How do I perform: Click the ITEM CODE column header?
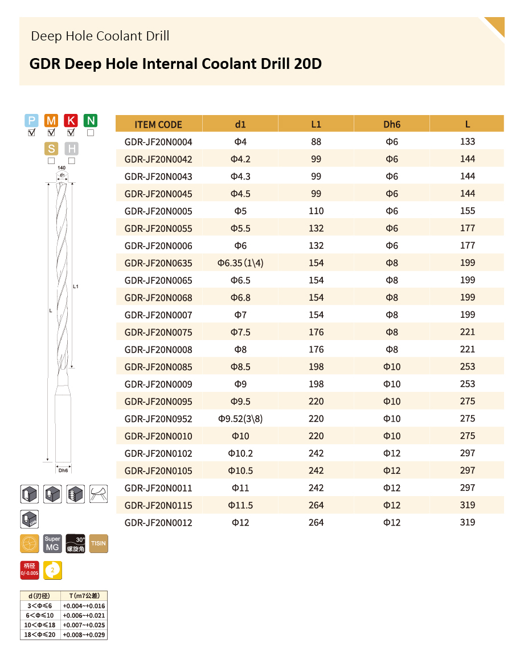pos(158,124)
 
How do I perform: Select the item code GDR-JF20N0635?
pos(158,263)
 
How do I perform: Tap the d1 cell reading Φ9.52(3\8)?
pos(240,419)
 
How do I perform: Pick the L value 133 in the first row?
pos(467,142)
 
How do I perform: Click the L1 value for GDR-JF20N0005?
pos(316,211)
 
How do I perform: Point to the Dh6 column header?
pos(392,124)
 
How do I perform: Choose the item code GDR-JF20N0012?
pos(158,523)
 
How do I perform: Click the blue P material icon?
pos(32,120)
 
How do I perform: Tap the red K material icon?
pos(71,120)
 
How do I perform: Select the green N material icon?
pos(91,120)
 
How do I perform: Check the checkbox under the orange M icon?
pos(51,133)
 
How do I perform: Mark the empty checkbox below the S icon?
pos(51,161)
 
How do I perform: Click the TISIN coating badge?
pos(99,543)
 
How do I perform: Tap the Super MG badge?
pos(52,543)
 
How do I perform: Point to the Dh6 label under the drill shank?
pos(63,470)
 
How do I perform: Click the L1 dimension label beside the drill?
pos(75,286)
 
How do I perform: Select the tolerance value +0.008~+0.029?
pos(84,634)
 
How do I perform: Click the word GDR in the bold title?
pos(45,63)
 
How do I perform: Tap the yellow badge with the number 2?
pos(53,570)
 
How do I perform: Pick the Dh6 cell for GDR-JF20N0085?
pos(392,367)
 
